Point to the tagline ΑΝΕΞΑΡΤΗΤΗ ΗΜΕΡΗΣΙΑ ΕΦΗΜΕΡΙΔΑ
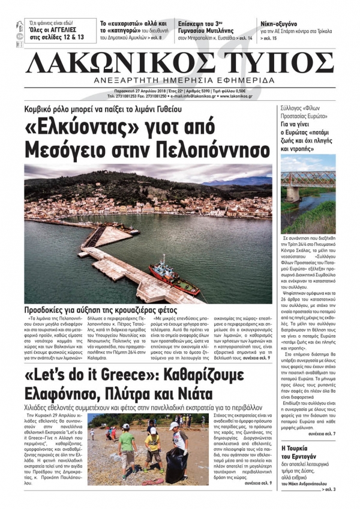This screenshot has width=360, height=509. tap(179, 81)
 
